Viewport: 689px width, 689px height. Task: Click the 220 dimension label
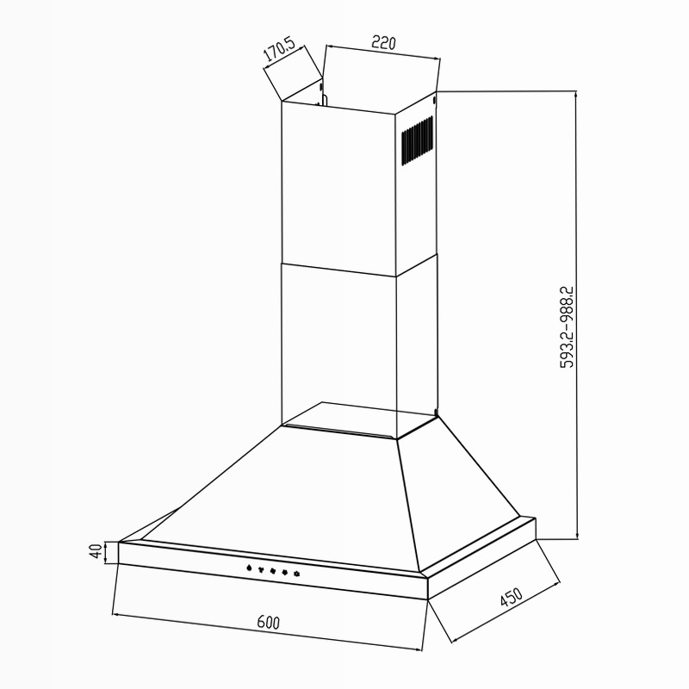point(383,42)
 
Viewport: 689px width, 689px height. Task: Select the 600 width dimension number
point(268,622)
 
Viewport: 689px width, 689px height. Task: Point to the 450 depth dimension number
point(511,597)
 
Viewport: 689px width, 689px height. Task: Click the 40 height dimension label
point(96,551)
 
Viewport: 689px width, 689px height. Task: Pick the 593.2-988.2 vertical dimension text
point(567,327)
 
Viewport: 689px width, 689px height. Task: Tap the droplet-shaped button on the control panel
point(249,568)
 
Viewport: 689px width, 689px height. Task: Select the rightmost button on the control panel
point(296,574)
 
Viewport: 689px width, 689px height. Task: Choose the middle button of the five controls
point(273,570)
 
